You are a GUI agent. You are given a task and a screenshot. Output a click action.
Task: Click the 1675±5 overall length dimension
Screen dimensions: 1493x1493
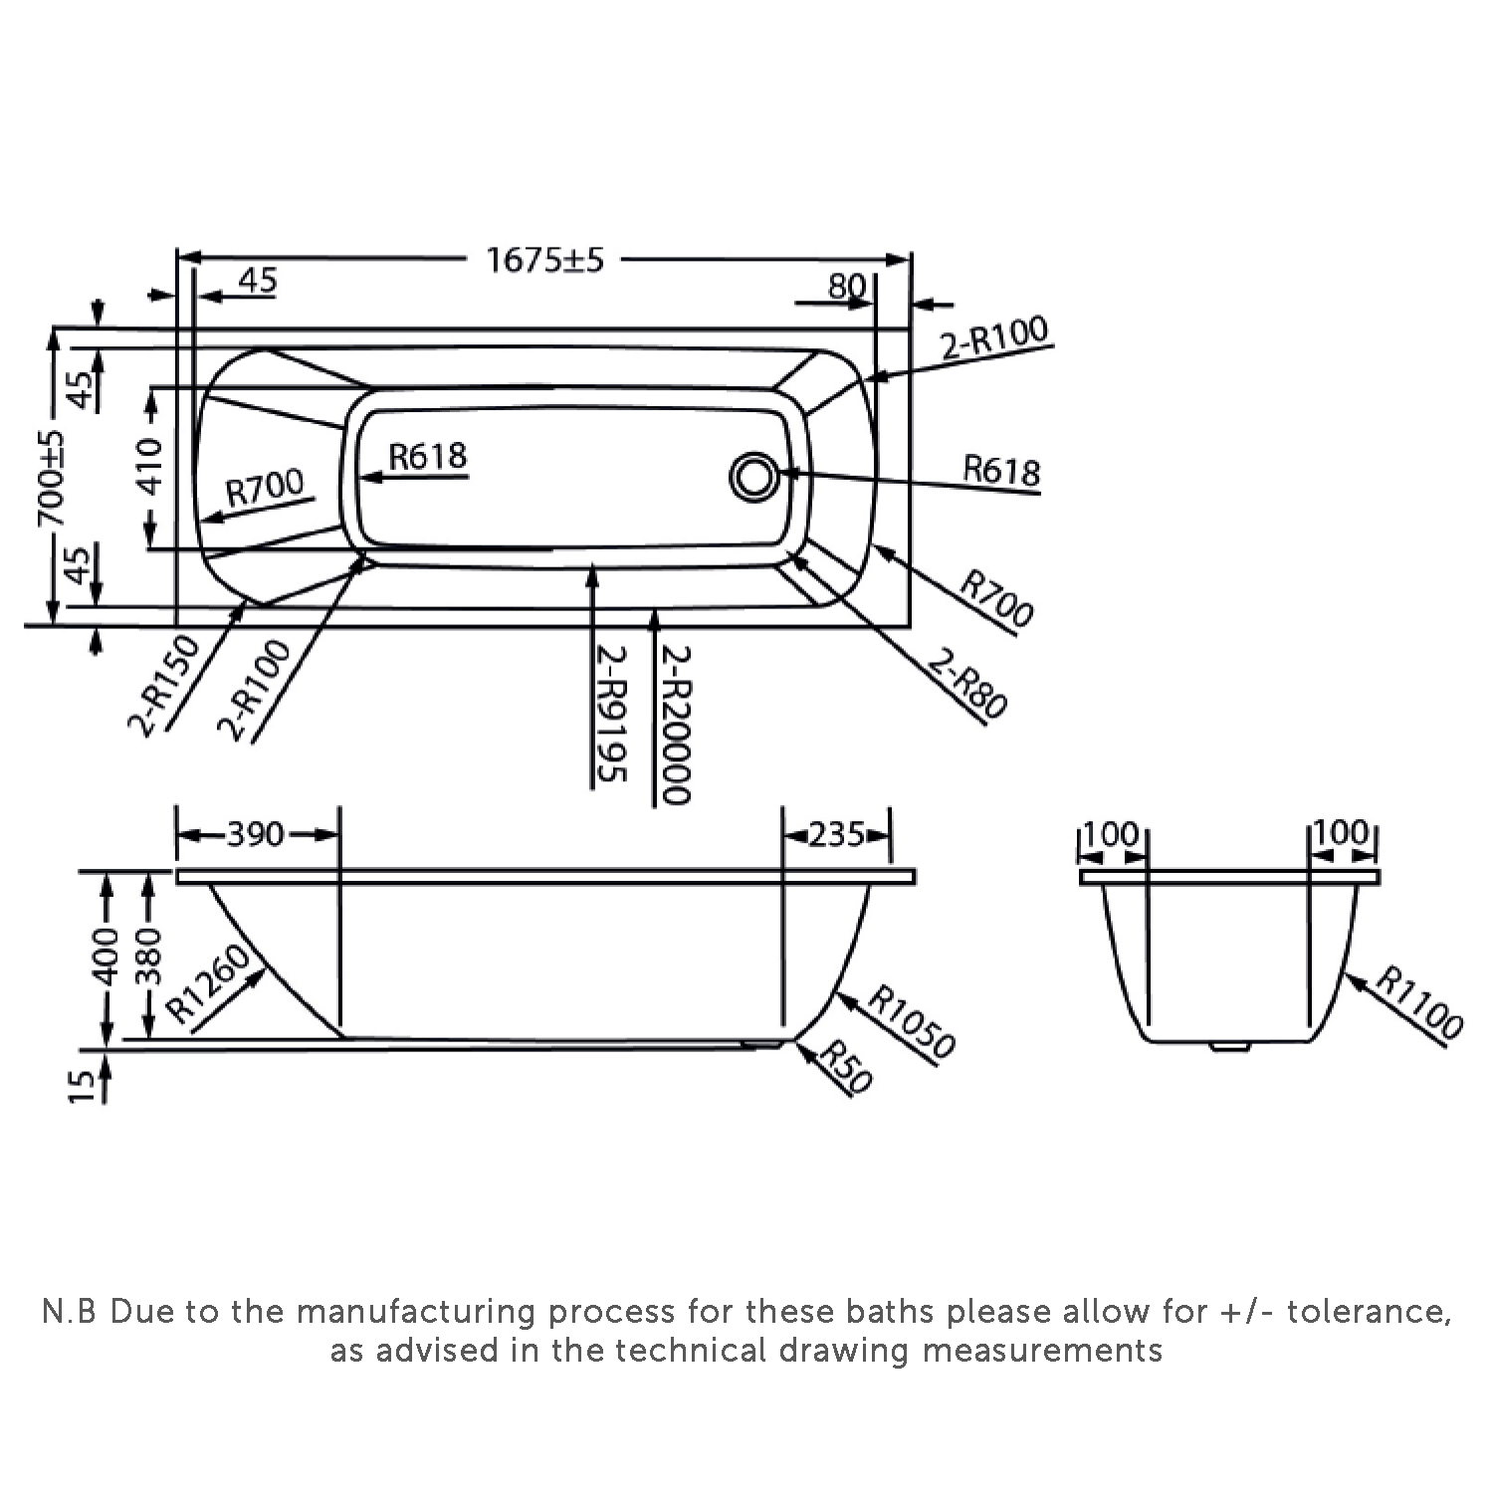544,261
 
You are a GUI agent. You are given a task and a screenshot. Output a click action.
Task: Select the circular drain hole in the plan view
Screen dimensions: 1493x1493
753,477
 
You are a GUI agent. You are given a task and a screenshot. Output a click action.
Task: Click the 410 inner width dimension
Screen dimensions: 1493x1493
149,466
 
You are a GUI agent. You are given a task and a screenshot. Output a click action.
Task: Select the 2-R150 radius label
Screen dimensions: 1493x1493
165,686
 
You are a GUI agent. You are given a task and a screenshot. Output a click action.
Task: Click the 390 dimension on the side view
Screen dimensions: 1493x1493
256,834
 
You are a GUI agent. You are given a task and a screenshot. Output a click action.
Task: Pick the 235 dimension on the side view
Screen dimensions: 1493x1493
836,834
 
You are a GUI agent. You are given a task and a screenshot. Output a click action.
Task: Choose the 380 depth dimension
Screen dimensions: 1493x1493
149,957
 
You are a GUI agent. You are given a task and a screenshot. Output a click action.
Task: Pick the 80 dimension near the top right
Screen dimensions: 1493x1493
847,287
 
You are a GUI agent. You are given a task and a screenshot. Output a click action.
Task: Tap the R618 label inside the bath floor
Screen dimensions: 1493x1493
427,456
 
